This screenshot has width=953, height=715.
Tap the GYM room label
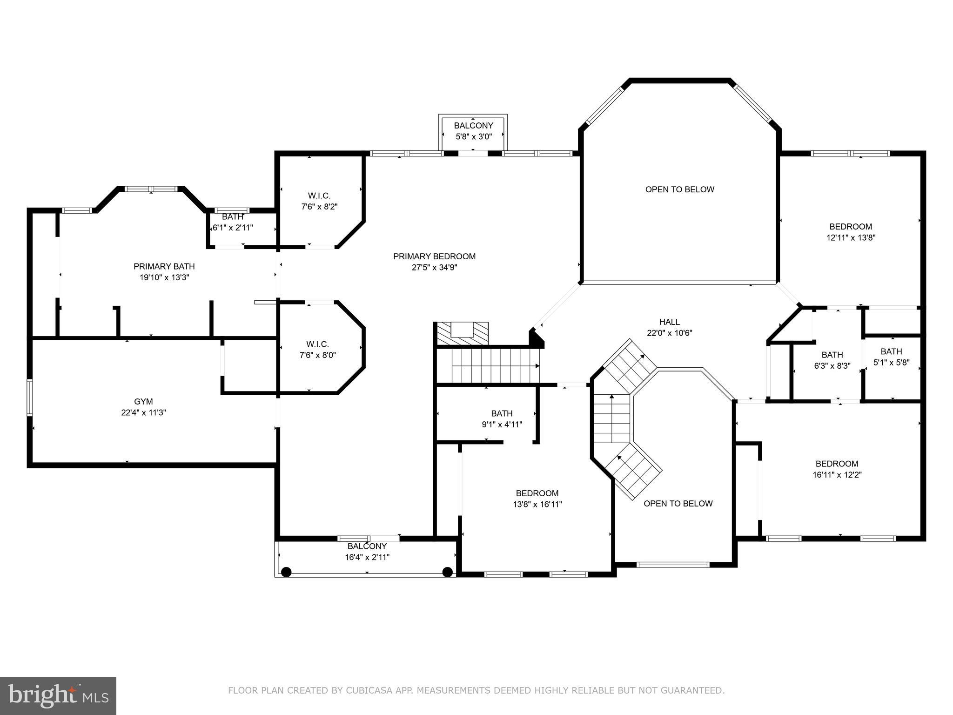tap(143, 402)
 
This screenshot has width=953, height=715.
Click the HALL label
tap(669, 322)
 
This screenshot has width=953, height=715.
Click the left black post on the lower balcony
tap(287, 572)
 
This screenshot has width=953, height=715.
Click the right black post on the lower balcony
tap(448, 572)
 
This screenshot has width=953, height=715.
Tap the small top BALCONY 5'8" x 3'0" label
tap(473, 131)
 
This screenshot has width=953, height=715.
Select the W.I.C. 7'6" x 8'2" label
tap(319, 201)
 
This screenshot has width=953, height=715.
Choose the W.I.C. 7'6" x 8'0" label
tap(317, 350)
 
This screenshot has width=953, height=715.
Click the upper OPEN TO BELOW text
tap(679, 189)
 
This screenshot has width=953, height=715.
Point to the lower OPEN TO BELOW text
tap(678, 504)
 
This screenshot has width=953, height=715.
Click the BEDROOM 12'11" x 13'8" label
tap(851, 232)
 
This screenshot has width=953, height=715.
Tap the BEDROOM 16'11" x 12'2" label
tap(837, 469)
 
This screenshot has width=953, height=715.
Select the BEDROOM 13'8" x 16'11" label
tap(537, 499)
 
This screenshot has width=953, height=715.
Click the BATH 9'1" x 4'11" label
tap(502, 418)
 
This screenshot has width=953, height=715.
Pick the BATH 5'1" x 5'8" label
tap(891, 357)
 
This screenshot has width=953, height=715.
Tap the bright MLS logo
tap(58, 695)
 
